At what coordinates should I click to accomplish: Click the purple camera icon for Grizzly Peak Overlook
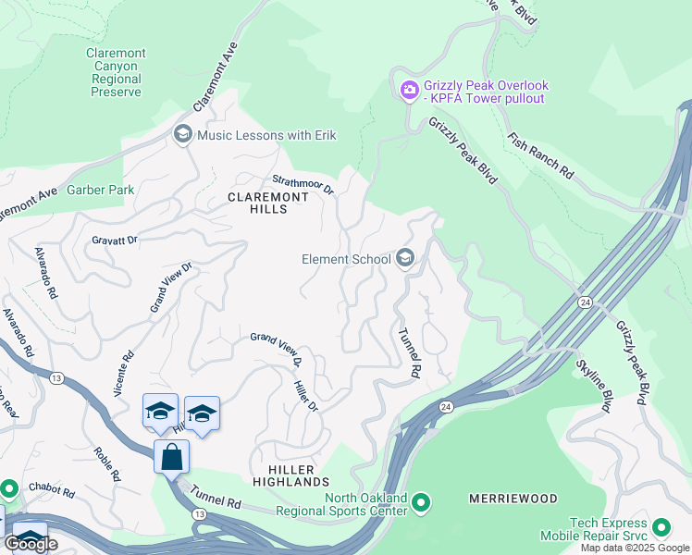(x=408, y=91)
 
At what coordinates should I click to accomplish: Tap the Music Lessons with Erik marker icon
(x=182, y=135)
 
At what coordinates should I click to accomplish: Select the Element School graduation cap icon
(x=404, y=258)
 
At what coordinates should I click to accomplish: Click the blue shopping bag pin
(x=171, y=456)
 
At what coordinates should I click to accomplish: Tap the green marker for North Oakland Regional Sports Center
(x=421, y=504)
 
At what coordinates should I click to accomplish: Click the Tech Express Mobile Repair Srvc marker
(x=661, y=528)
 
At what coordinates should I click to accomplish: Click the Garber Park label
(x=101, y=191)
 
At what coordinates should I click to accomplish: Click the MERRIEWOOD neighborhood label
(x=513, y=499)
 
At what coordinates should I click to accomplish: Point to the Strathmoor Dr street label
(x=303, y=184)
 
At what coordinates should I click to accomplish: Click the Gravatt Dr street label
(x=114, y=240)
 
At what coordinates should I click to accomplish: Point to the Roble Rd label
(x=108, y=464)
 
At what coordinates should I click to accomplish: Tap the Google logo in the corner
(x=31, y=544)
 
